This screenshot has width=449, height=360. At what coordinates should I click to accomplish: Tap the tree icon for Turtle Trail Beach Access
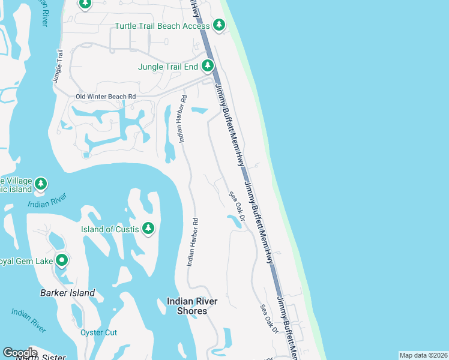point(219,25)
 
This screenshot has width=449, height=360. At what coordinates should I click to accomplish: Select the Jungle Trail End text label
point(167,66)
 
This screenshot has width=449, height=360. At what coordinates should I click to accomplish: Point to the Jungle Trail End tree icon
point(207,65)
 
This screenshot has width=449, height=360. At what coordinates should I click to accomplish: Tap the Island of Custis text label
point(110,229)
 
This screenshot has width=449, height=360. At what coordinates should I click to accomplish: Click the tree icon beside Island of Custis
point(148,229)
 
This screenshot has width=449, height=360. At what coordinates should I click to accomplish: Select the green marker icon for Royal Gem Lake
point(61,260)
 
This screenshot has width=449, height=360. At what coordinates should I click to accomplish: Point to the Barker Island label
point(67,293)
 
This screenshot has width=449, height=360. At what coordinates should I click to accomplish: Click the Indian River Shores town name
point(187,306)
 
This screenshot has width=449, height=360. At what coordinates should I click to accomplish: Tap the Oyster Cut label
point(98,332)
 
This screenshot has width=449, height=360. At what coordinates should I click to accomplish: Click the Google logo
point(20,353)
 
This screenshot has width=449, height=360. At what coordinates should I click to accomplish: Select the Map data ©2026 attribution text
point(423,355)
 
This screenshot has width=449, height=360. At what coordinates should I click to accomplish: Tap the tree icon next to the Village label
point(41,183)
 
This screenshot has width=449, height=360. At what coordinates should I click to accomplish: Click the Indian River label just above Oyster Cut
point(29,320)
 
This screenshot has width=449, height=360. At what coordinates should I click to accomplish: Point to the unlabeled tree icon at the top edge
point(85,4)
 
